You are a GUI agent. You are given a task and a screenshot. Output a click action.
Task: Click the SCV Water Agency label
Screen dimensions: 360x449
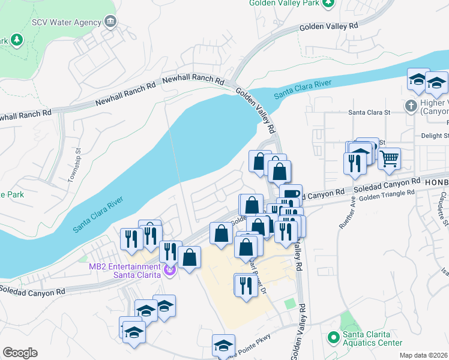[65, 22]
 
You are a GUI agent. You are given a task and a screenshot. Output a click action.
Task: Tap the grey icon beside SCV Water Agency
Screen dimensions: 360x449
[110, 22]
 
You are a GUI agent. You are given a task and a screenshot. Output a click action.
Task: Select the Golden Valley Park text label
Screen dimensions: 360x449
[284, 3]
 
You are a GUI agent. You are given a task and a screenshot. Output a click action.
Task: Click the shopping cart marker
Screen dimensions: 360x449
[390, 160]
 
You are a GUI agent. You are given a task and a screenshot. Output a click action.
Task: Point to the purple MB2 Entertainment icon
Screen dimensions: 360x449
[169, 271]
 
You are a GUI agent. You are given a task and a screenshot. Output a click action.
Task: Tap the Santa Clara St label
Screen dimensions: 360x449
[370, 112]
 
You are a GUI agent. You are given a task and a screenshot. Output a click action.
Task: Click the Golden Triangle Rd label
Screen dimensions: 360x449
[387, 193]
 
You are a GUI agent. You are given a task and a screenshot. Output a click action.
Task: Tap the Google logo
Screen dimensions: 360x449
[20, 353]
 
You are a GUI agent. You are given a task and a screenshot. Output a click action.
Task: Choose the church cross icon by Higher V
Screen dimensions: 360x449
[411, 106]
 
